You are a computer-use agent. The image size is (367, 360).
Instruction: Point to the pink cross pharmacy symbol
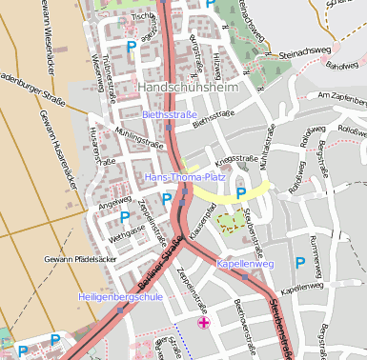tap(203, 324)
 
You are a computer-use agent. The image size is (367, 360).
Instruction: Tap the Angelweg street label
tap(113, 202)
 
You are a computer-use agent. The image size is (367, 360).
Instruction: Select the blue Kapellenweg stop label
tap(246, 263)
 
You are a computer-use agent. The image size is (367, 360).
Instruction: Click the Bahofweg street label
tap(338, 67)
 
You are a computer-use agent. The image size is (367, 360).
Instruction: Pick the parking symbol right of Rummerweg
tap(300, 262)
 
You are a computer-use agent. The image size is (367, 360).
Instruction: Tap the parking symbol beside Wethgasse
tap(98, 216)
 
